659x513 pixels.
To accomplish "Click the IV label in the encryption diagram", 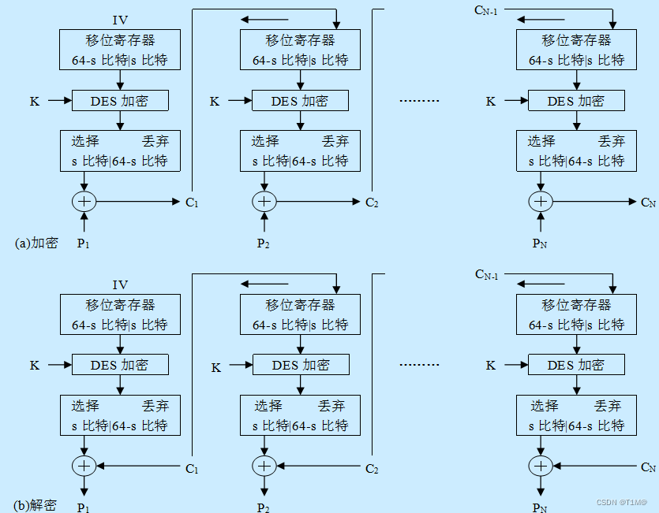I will click(x=120, y=20).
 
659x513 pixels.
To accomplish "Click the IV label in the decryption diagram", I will click(x=120, y=285).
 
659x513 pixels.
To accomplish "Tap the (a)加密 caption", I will click(x=36, y=243).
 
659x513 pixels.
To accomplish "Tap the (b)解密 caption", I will click(x=36, y=505).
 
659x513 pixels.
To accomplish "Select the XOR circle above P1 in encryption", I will click(x=84, y=202).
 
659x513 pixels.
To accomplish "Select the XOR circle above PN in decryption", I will click(x=541, y=467).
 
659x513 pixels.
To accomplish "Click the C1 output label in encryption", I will click(x=193, y=203).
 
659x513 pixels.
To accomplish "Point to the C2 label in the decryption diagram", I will click(x=373, y=469).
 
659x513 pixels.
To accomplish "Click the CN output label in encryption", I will click(x=648, y=203).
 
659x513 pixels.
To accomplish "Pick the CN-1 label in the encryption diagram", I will click(x=486, y=10).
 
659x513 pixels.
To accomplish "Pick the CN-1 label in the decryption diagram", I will click(x=486, y=274).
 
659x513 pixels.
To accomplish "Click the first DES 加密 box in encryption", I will click(x=120, y=101).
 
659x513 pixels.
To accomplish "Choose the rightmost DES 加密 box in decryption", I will click(x=576, y=365).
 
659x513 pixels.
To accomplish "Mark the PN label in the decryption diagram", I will click(x=540, y=507).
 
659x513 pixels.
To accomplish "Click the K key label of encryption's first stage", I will click(x=35, y=101).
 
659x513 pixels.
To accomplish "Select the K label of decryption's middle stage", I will click(x=215, y=366).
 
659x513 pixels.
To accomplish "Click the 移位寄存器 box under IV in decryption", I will click(x=120, y=314).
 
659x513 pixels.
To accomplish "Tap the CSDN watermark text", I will click(x=621, y=502).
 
